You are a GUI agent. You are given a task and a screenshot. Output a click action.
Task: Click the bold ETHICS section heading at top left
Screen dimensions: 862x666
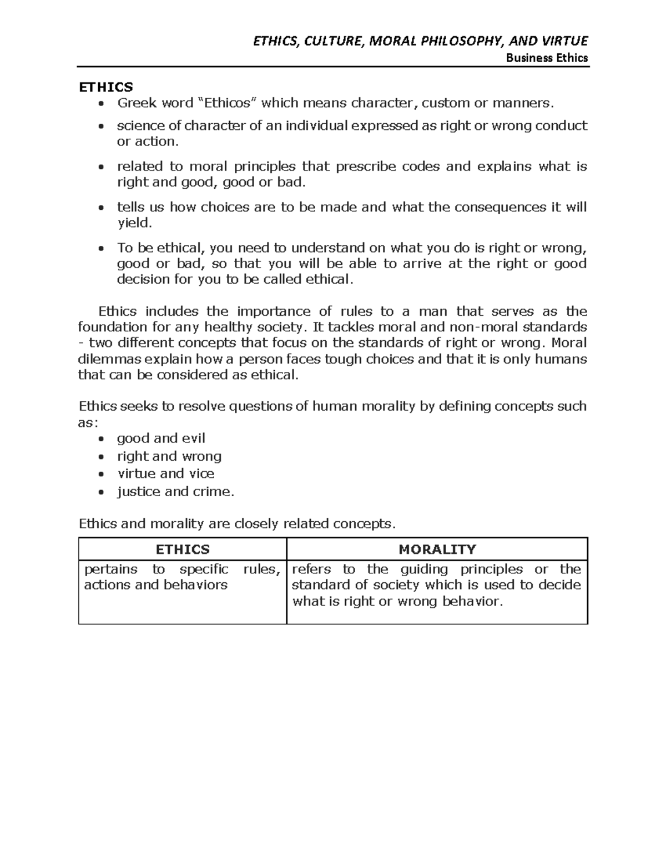[x=106, y=87]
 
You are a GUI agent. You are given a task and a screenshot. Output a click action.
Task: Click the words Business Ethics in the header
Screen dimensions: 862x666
[x=547, y=58]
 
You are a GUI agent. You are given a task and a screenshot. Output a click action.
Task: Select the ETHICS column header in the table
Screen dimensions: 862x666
[x=183, y=550]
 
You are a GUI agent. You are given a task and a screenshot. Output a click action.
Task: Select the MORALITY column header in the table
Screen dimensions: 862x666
[x=437, y=550]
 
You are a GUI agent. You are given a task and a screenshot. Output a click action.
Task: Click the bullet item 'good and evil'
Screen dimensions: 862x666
[x=161, y=438]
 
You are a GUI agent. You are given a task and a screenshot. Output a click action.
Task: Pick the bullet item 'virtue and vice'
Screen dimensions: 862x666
[x=165, y=473]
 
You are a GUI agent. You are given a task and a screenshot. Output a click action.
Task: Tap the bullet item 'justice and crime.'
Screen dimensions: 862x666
[x=175, y=491]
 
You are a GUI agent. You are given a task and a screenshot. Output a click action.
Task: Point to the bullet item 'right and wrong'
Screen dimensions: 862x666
[x=169, y=456]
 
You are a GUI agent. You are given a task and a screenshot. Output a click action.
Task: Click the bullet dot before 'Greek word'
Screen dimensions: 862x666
[x=100, y=104]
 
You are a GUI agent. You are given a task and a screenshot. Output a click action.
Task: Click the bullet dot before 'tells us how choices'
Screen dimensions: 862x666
[x=100, y=208]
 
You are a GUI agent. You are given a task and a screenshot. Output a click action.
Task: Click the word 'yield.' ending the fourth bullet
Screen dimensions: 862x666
[x=134, y=223]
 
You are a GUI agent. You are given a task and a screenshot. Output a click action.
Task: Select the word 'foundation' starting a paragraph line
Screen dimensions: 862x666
[x=113, y=327]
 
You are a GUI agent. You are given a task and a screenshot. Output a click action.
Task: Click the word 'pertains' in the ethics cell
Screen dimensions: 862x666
[x=110, y=569]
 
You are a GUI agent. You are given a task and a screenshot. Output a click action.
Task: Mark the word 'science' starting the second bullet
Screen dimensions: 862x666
[x=139, y=125]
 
